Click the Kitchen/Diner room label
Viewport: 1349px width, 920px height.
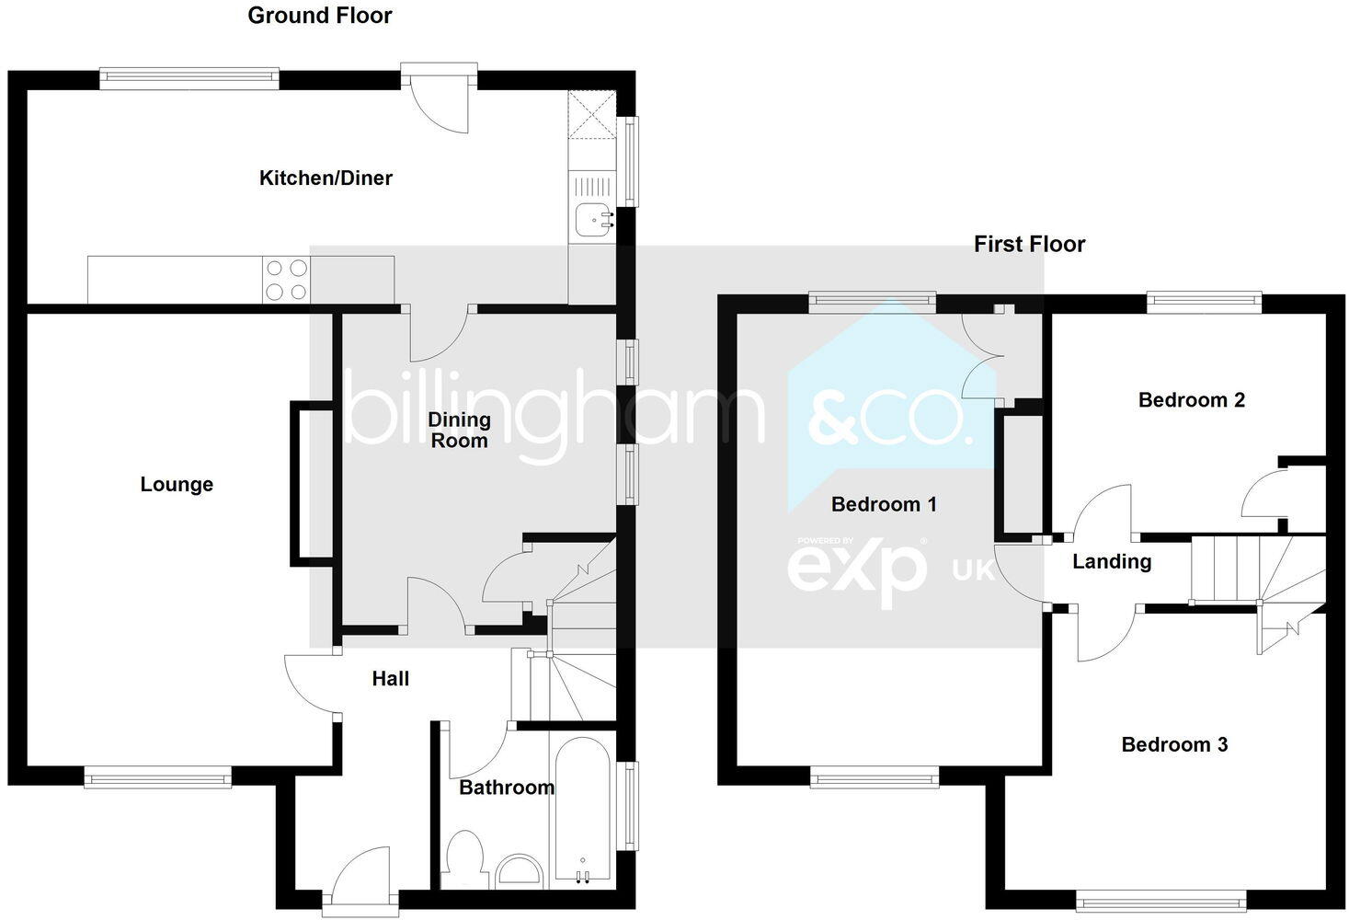[x=326, y=178]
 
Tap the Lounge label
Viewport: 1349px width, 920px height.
[x=177, y=484]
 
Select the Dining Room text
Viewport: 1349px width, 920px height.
[x=459, y=430]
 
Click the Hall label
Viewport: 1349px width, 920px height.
[x=390, y=679]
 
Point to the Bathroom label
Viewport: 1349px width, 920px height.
[x=506, y=788]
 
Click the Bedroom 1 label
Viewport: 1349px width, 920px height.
[x=883, y=504]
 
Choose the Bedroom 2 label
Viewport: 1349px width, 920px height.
[x=1191, y=399]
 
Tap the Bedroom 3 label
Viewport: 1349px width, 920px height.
[x=1174, y=744]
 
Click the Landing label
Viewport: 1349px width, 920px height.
[x=1111, y=561]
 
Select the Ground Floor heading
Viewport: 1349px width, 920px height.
[x=320, y=16]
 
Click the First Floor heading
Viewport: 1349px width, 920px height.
[x=1029, y=244]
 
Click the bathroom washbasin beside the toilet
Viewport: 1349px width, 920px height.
[x=520, y=871]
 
